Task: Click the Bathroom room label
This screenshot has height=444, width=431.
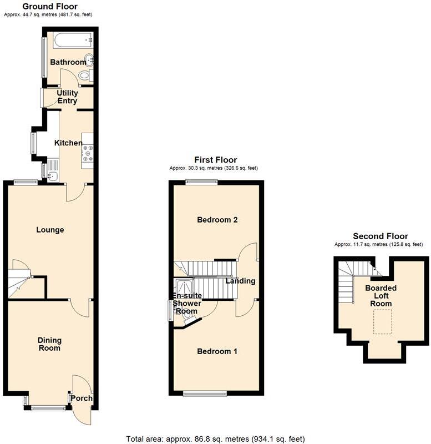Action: pyautogui.click(x=68, y=62)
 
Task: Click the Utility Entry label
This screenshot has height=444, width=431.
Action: pyautogui.click(x=67, y=97)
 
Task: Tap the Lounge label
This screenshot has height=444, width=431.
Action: pyautogui.click(x=50, y=230)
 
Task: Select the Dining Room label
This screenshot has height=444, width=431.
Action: pyautogui.click(x=49, y=344)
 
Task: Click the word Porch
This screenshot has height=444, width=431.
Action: pyautogui.click(x=82, y=398)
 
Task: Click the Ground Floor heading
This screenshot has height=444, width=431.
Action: pyautogui.click(x=49, y=7)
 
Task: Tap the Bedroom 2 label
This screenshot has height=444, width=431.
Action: pyautogui.click(x=217, y=220)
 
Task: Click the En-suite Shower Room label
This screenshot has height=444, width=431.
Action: pyautogui.click(x=187, y=304)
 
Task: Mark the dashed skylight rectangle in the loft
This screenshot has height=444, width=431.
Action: pyautogui.click(x=382, y=322)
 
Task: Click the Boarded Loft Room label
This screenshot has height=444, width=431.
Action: pyautogui.click(x=381, y=296)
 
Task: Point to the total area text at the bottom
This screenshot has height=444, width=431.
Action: pyautogui.click(x=215, y=438)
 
